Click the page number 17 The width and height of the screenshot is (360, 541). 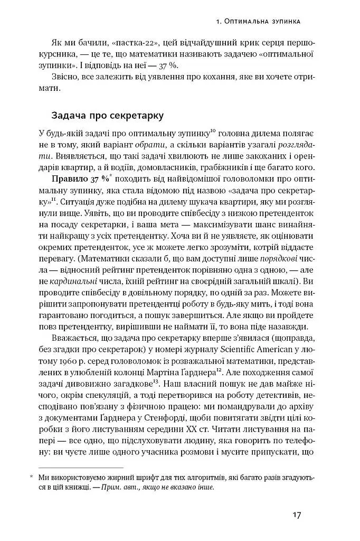tap(296, 515)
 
